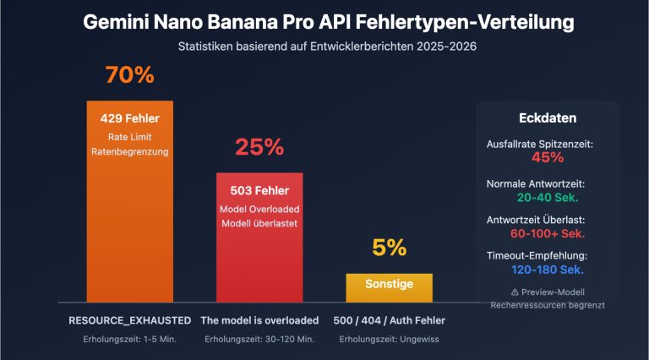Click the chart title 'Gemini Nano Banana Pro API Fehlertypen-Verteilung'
click(324, 22)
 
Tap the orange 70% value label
click(129, 75)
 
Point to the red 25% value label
click(259, 147)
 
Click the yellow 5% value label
click(389, 248)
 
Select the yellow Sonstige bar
click(389, 286)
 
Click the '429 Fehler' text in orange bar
click(129, 117)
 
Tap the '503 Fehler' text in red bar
click(259, 190)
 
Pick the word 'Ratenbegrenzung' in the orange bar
click(129, 152)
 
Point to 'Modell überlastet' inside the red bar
click(259, 224)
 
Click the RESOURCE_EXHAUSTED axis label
click(129, 320)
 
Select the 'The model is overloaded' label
click(259, 320)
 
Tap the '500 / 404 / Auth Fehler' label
click(389, 320)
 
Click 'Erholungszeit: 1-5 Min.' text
click(129, 339)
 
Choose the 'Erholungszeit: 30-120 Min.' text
click(259, 339)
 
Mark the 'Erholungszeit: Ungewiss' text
click(389, 339)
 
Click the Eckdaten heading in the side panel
click(547, 118)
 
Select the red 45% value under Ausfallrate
click(547, 157)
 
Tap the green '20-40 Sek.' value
click(547, 196)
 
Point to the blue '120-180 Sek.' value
click(547, 270)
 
